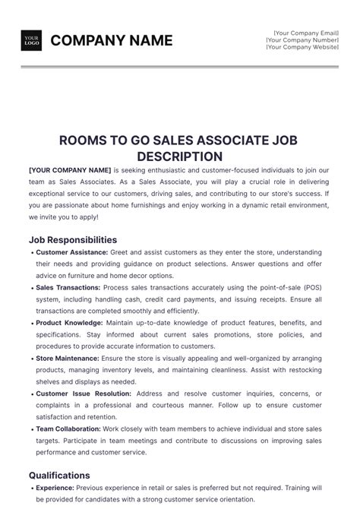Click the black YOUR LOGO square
32,40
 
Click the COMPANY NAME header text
112,40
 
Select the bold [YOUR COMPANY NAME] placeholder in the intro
70,170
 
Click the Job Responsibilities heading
73,239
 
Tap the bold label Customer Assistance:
71,252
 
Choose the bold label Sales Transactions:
68,288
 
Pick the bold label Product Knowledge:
69,324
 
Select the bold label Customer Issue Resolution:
84,394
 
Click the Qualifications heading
59,476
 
